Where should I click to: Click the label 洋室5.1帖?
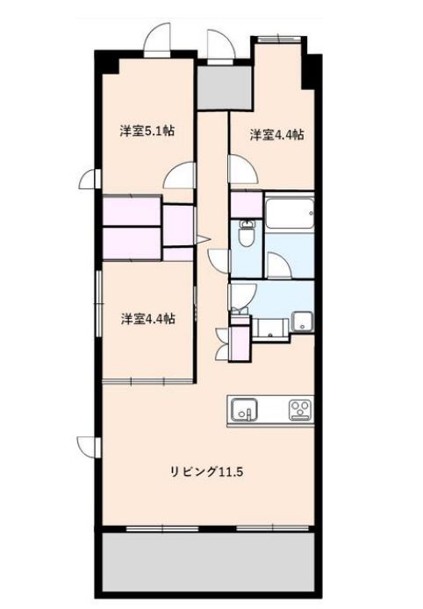pos(147,131)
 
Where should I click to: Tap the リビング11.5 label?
pos(206,472)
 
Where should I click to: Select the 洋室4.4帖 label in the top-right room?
pos(276,135)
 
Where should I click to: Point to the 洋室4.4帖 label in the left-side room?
pos(147,319)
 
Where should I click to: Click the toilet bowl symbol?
pos(246,233)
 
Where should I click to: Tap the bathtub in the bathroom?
pos(290,214)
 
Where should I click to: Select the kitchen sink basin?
pos(244,410)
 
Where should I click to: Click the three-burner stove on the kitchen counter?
pos(300,410)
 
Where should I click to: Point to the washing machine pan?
pos(303,322)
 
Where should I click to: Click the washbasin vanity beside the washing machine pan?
pos(271,329)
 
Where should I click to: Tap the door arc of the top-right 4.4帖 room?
pos(243,168)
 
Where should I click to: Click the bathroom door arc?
pos(279,266)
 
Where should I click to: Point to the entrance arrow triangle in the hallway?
pos(203,239)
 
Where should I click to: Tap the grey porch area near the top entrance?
pos(225,88)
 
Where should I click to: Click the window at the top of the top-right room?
pos(279,39)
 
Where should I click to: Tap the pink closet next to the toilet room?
pos(247,205)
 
